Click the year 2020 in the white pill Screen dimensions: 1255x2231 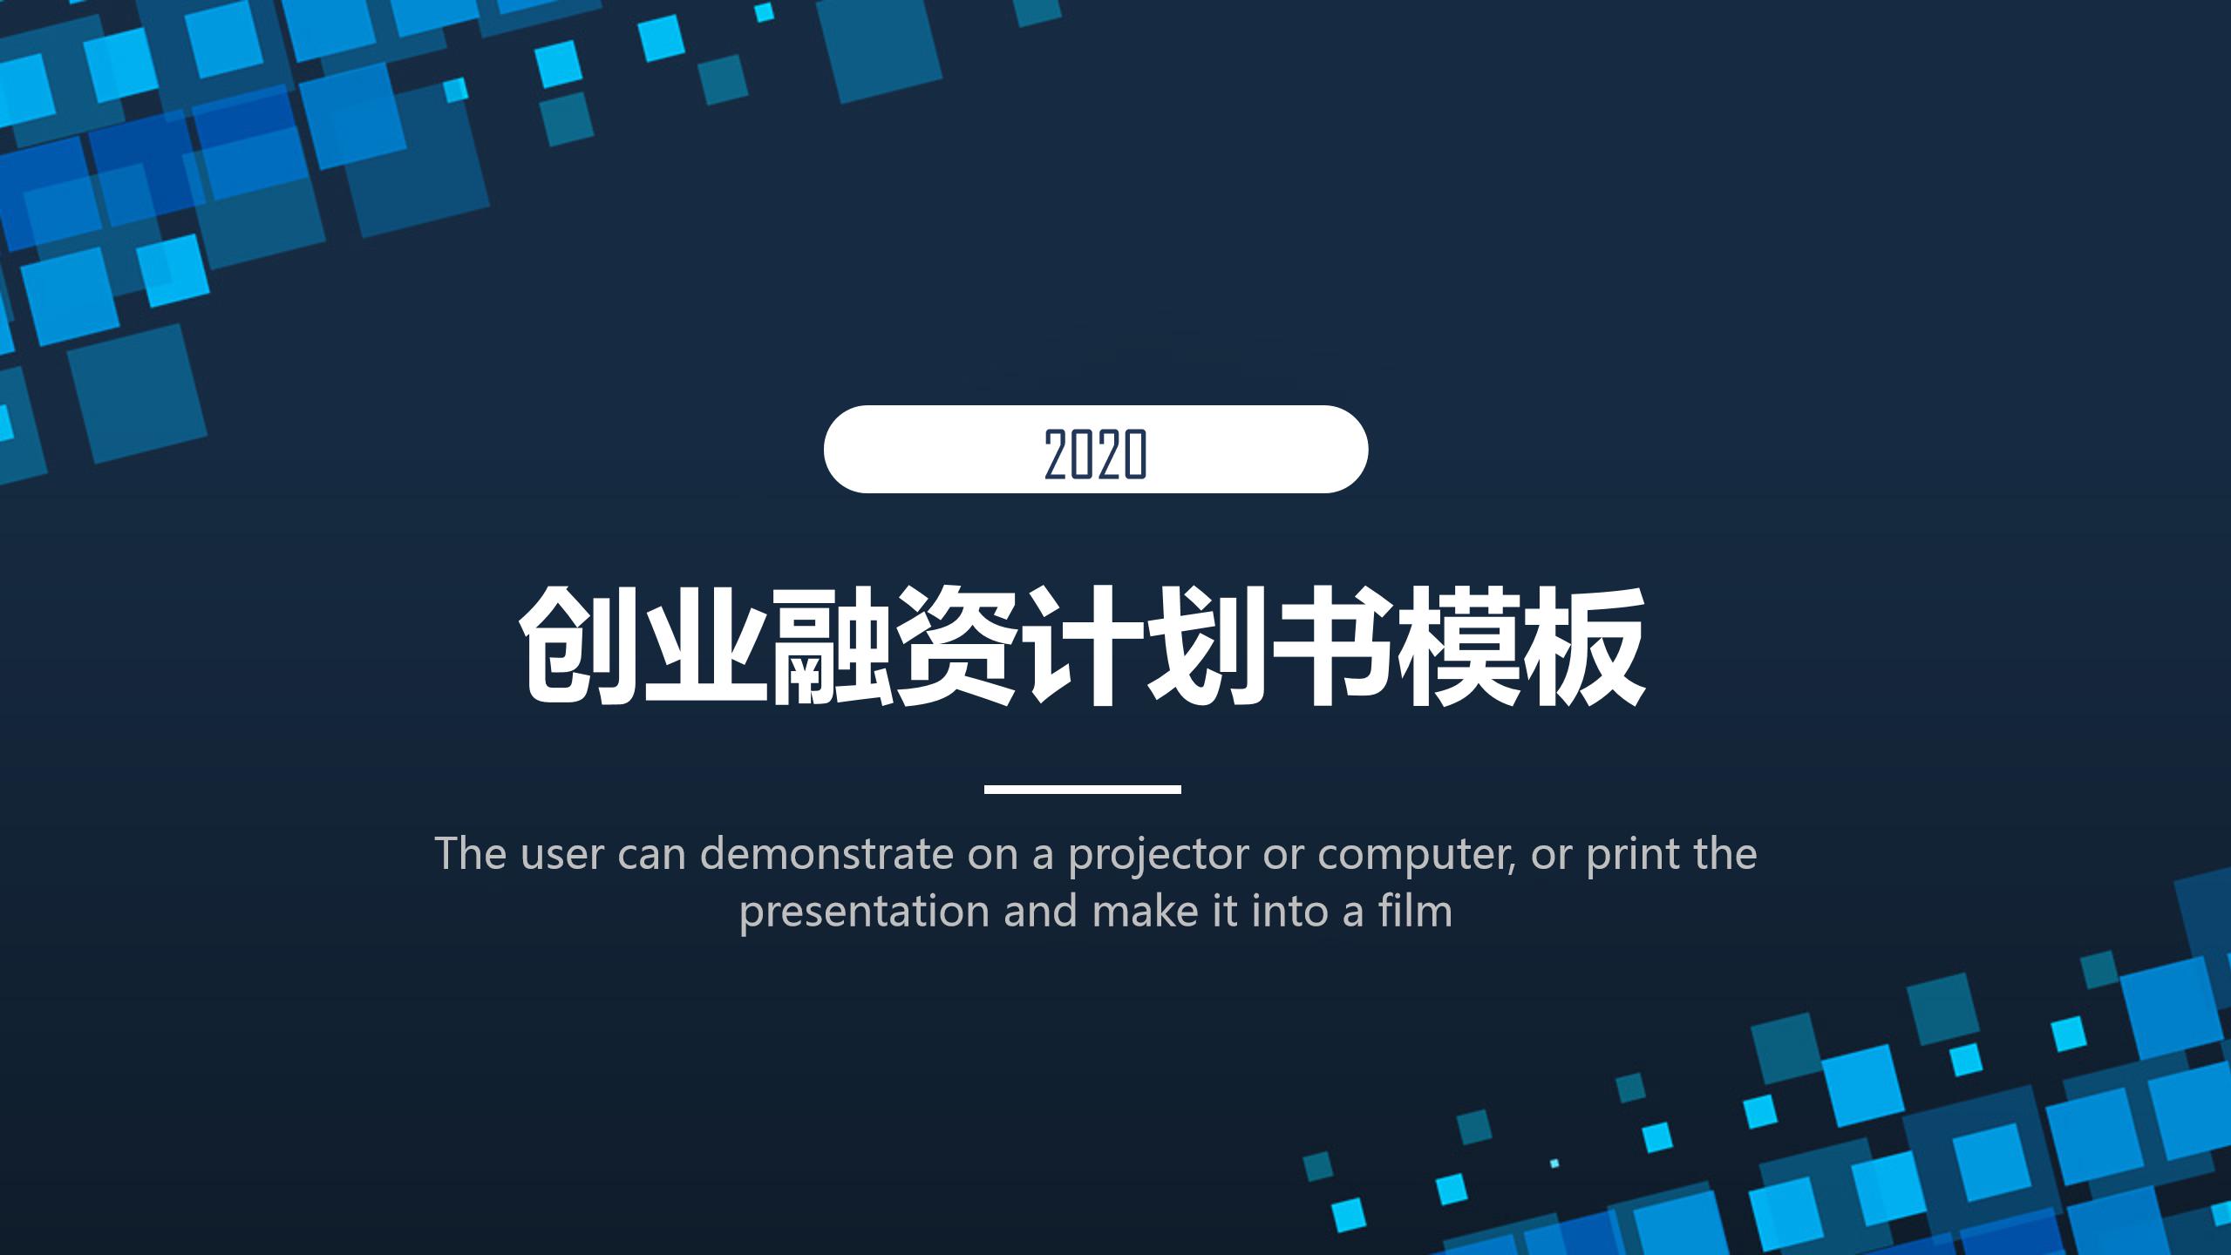[x=1095, y=454]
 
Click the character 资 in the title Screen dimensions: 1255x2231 [x=954, y=646]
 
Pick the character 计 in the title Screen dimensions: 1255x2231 [x=1079, y=646]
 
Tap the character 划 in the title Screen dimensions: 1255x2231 [x=1205, y=646]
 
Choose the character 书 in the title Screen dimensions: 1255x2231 [x=1330, y=646]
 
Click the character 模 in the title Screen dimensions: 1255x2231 [x=1455, y=646]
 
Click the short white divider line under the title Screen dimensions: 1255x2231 [x=1082, y=789]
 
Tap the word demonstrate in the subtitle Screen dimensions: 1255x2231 [x=827, y=854]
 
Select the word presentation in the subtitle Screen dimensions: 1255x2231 [x=865, y=912]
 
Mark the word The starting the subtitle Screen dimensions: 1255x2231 [x=471, y=854]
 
